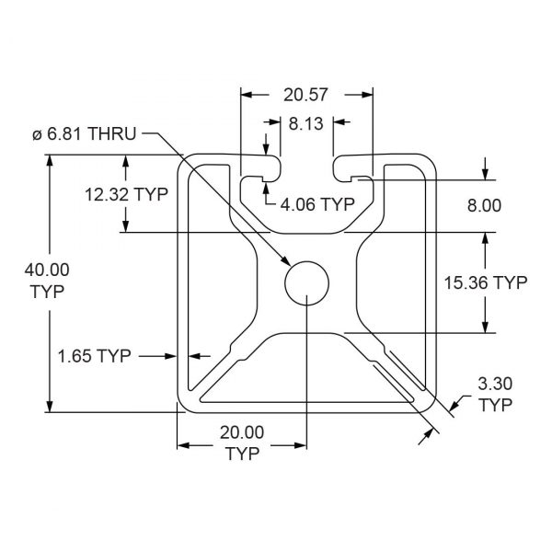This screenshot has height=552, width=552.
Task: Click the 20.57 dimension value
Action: [305, 95]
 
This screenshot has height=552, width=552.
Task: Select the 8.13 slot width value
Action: [306, 124]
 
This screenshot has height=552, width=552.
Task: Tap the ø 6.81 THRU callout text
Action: [84, 134]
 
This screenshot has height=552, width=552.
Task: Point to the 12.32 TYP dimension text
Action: [127, 194]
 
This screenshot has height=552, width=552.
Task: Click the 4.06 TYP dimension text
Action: [317, 204]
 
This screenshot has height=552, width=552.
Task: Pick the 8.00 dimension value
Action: [484, 205]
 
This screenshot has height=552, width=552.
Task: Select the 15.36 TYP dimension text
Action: [486, 282]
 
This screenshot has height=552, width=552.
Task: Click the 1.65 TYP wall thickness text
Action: [95, 356]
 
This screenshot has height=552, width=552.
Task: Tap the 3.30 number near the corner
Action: [495, 384]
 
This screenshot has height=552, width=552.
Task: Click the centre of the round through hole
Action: [306, 283]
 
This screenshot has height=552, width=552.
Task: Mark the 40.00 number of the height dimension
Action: [47, 270]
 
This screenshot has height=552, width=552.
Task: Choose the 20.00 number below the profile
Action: [242, 432]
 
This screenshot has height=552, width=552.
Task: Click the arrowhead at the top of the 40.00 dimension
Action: [50, 160]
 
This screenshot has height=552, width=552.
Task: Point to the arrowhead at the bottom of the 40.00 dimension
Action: [50, 406]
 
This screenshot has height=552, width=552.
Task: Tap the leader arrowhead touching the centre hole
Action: [286, 261]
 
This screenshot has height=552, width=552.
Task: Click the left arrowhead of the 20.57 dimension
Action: [247, 95]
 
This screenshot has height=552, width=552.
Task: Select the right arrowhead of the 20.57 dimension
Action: [367, 95]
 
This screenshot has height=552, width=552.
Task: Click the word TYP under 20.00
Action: [243, 454]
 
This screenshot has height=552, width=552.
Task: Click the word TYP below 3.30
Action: [496, 405]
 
